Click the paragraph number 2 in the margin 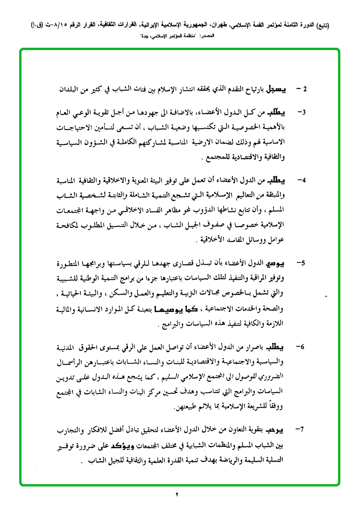click(304, 88)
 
